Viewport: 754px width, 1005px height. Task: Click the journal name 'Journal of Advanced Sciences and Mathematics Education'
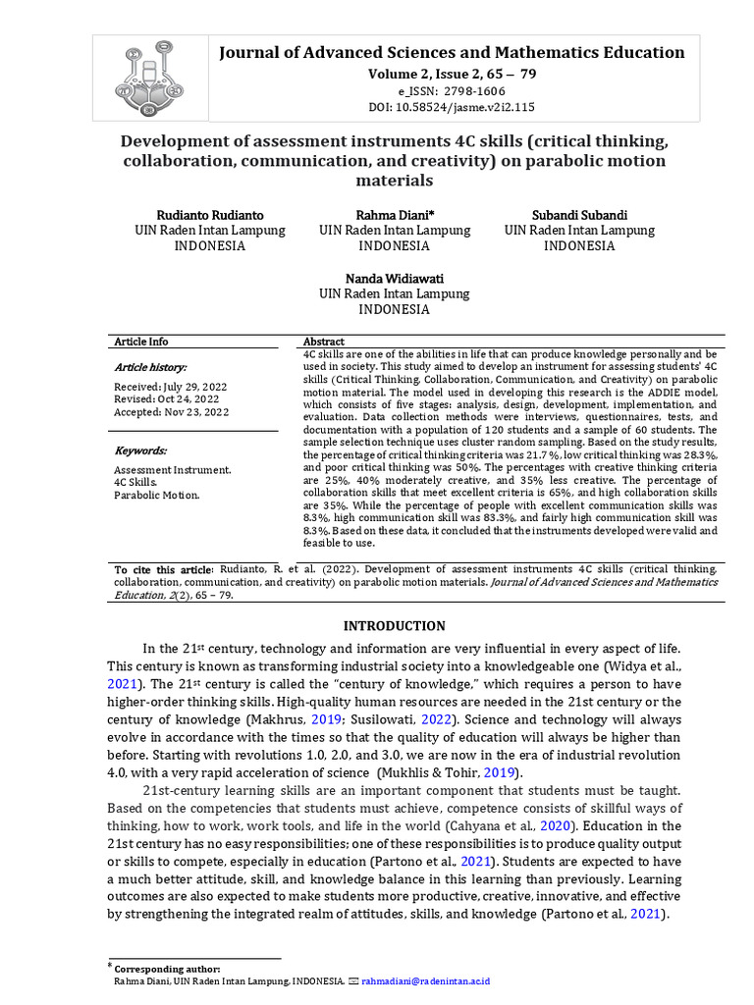pyautogui.click(x=452, y=53)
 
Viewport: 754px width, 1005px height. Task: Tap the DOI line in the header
pyautogui.click(x=452, y=107)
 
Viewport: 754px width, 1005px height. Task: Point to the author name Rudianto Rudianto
pyautogui.click(x=209, y=214)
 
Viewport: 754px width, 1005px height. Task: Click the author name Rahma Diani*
pyautogui.click(x=395, y=214)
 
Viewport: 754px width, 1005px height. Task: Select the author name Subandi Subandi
pyautogui.click(x=579, y=214)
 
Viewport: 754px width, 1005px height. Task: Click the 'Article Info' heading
pyautogui.click(x=141, y=342)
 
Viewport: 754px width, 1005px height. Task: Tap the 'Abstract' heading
pyautogui.click(x=325, y=342)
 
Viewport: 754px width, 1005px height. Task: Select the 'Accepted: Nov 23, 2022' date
pyautogui.click(x=172, y=412)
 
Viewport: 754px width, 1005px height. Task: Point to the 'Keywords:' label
pyautogui.click(x=140, y=450)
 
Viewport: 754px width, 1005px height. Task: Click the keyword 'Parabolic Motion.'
pyautogui.click(x=157, y=495)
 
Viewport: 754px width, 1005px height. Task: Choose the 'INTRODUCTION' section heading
pyautogui.click(x=394, y=626)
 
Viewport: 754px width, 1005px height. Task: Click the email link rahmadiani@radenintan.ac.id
pyautogui.click(x=425, y=980)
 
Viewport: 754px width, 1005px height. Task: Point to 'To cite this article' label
pyautogui.click(x=163, y=569)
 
